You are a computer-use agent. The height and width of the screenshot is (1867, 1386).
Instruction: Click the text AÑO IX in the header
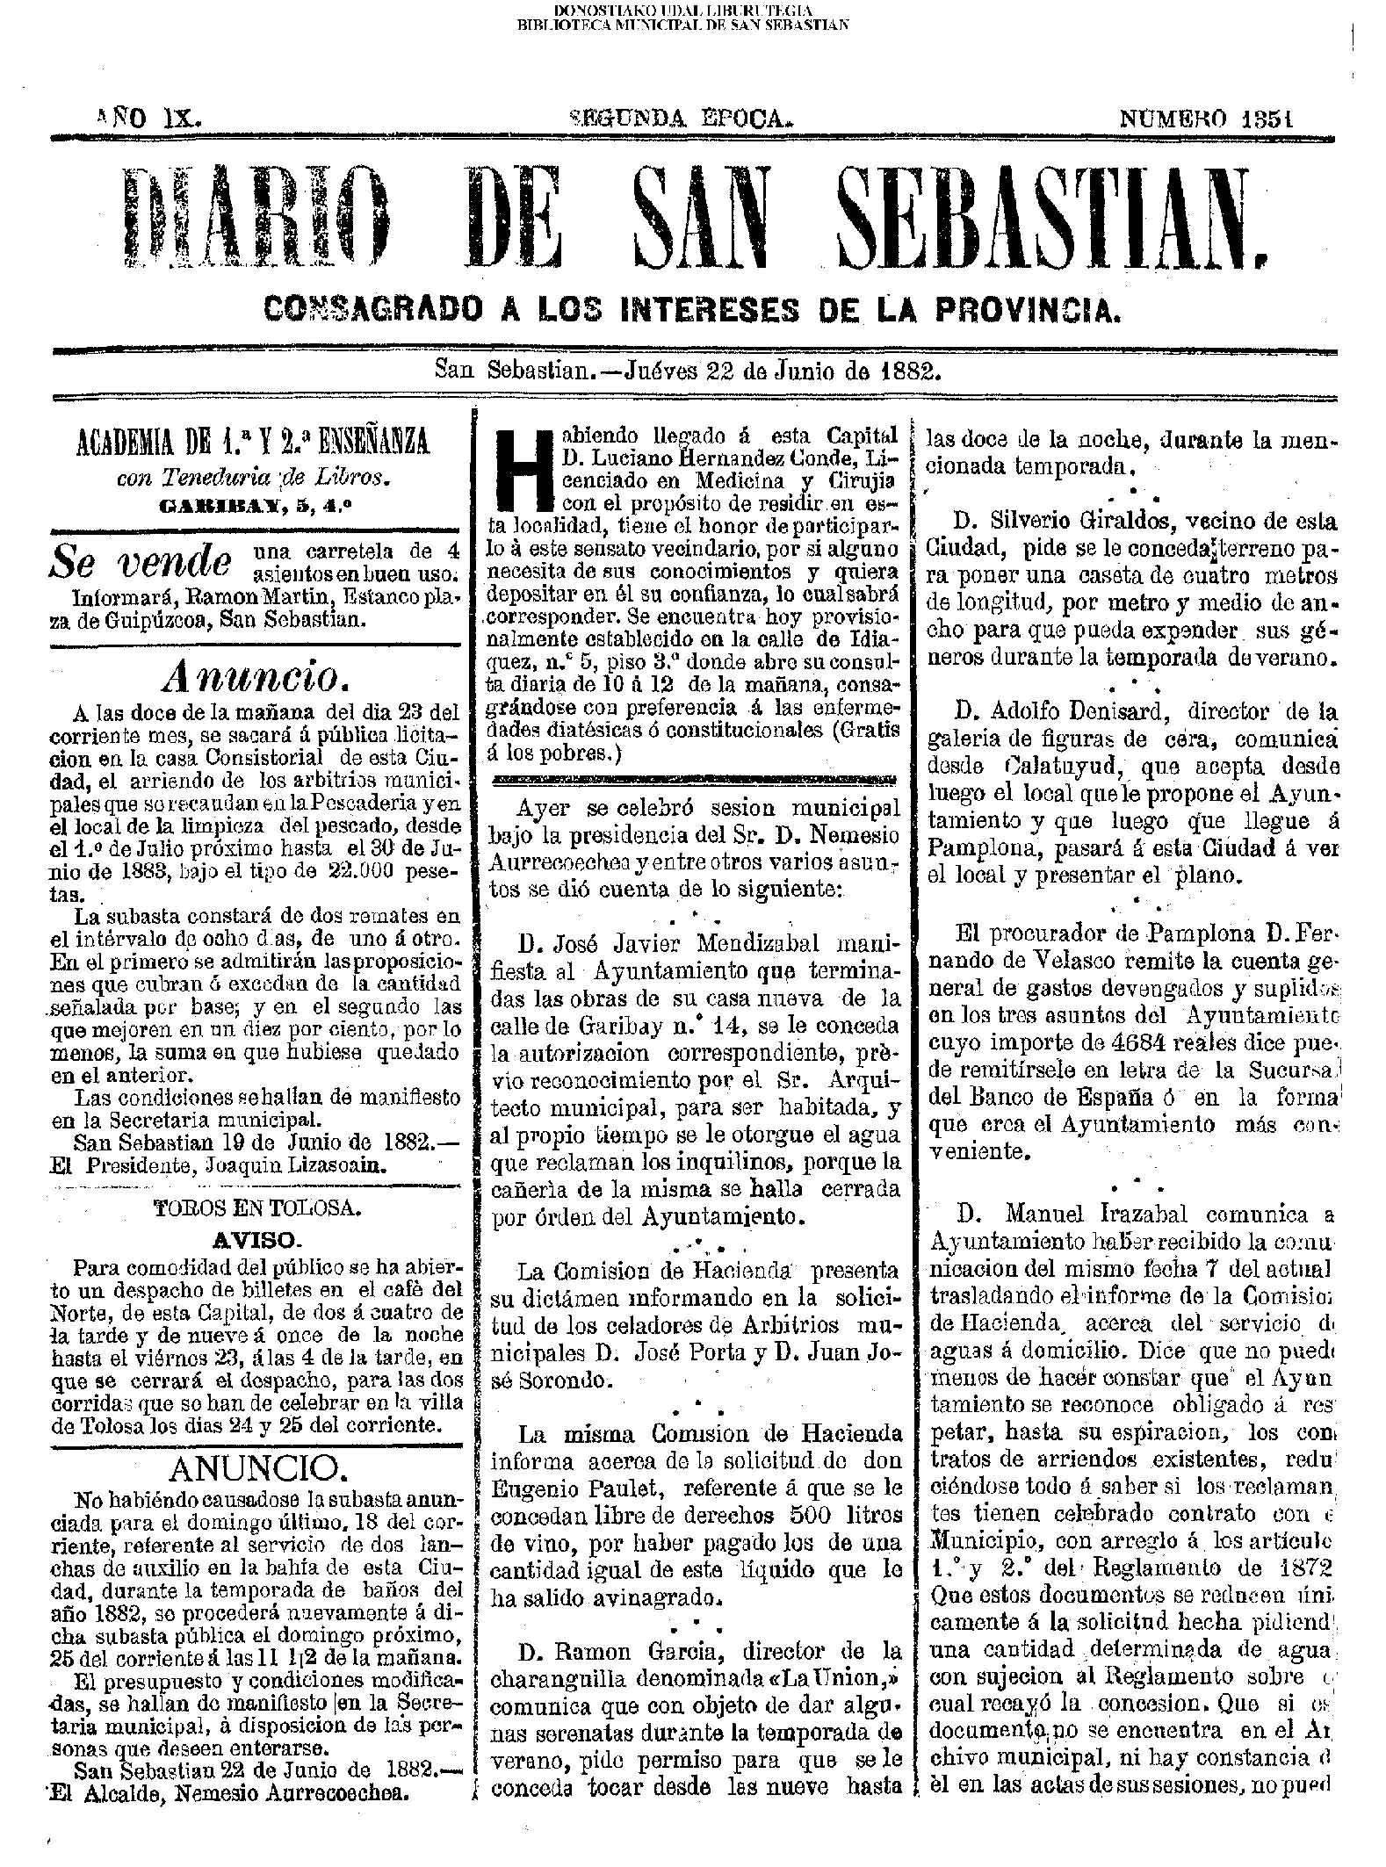point(148,118)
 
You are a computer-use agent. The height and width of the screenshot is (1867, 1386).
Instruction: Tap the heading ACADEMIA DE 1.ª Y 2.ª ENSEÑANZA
point(256,441)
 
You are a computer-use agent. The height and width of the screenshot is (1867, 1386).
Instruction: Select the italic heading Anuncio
point(251,674)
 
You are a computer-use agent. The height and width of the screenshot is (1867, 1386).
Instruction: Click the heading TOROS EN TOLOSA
point(256,1207)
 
